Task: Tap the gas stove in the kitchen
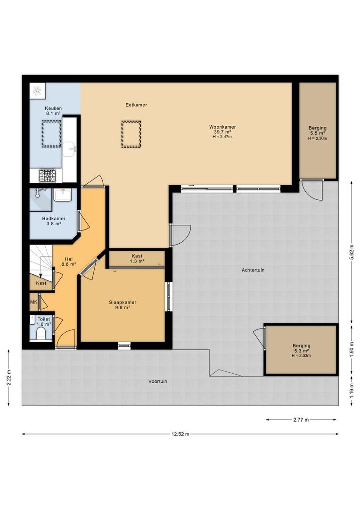[47, 176]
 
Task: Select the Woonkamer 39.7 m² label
[222, 130]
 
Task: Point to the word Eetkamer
[136, 105]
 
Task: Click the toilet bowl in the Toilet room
[41, 333]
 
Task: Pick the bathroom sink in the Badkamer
[63, 195]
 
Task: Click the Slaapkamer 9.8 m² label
[123, 305]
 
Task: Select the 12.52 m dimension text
[180, 434]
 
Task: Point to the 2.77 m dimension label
[301, 420]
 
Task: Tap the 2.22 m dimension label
[8, 378]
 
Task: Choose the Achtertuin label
[253, 270]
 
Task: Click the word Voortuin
[158, 381]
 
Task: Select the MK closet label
[34, 302]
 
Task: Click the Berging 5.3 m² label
[301, 348]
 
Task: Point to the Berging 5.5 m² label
[318, 131]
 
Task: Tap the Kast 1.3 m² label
[137, 258]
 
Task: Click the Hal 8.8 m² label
[68, 261]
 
